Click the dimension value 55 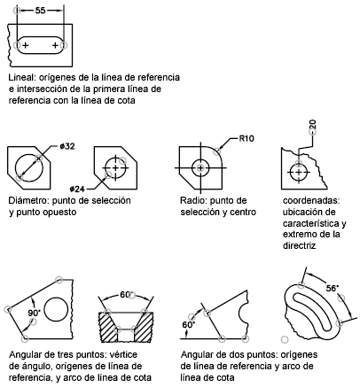[41, 11]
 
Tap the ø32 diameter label [67, 146]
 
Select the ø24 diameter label [77, 189]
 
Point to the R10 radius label [247, 138]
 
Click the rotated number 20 [313, 124]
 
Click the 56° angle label [333, 288]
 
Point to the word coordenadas [311, 200]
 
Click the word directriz [299, 245]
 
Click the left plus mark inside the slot [26, 45]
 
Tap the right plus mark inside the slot [55, 45]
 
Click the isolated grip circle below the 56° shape [285, 339]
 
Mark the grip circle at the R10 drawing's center [200, 168]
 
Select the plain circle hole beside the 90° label [56, 310]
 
